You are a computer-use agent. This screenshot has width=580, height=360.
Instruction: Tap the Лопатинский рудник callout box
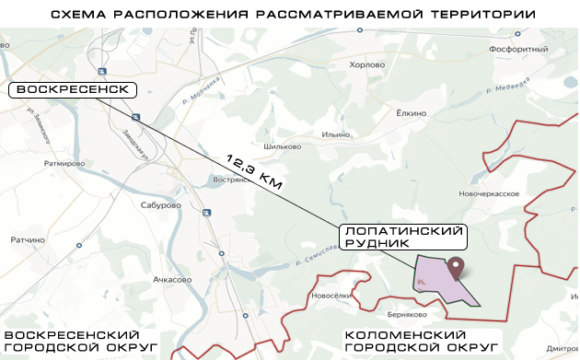click(x=402, y=237)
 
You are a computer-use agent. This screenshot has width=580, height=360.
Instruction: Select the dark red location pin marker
click(x=456, y=268)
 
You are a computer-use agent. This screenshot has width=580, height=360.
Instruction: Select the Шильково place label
click(x=283, y=145)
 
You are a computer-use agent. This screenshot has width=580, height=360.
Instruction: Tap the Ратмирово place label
click(x=64, y=163)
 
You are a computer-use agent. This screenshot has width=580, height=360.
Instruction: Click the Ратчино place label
click(x=28, y=241)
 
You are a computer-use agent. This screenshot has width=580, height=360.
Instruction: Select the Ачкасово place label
click(x=172, y=279)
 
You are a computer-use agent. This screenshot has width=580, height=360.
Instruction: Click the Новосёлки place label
click(x=332, y=296)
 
